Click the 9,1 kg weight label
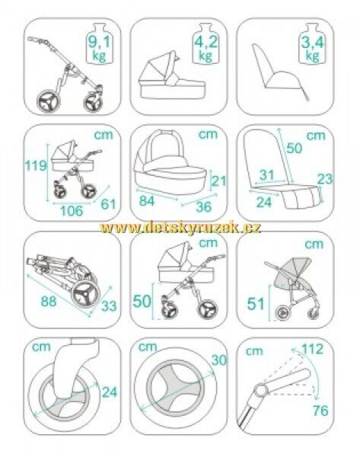pyautogui.click(x=99, y=49)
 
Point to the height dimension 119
pyautogui.click(x=35, y=165)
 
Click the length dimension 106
pyautogui.click(x=72, y=210)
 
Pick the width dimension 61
pyautogui.click(x=108, y=203)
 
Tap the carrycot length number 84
pyautogui.click(x=147, y=200)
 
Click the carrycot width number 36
pyautogui.click(x=203, y=206)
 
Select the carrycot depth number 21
pyautogui.click(x=218, y=181)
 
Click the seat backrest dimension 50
pyautogui.click(x=295, y=148)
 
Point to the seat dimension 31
pyautogui.click(x=267, y=175)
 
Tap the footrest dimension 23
pyautogui.click(x=324, y=179)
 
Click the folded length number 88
pyautogui.click(x=49, y=301)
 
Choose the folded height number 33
pyautogui.click(x=109, y=305)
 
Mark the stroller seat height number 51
pyautogui.click(x=256, y=304)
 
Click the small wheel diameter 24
pyautogui.click(x=110, y=392)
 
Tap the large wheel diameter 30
pyautogui.click(x=218, y=360)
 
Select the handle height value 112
pyautogui.click(x=313, y=349)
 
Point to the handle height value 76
pyautogui.click(x=320, y=411)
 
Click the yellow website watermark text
pyautogui.click(x=180, y=228)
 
